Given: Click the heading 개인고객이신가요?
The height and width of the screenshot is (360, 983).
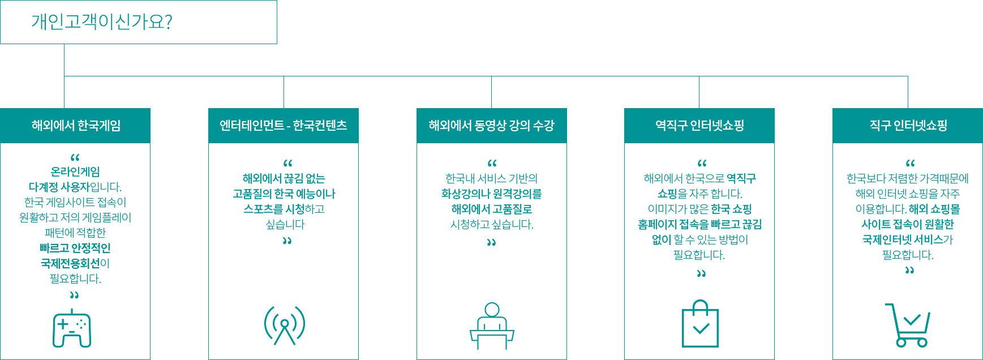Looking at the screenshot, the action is coord(102,22).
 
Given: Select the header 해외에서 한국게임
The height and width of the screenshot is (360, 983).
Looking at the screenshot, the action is coord(76,125).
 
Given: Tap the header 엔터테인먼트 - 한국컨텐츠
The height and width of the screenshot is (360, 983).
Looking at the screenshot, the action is coord(284,125).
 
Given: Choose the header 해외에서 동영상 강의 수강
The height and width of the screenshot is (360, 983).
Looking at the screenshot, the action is coord(491,125).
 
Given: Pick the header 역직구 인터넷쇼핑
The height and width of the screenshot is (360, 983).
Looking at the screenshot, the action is coord(699,125).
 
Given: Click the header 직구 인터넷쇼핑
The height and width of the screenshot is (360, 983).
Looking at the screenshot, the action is coord(908,125).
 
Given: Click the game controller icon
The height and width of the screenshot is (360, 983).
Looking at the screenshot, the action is coord(72,328).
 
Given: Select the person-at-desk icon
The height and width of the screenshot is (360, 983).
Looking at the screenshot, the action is coord(492,326).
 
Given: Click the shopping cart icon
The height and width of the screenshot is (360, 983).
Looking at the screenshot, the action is coord(908,325).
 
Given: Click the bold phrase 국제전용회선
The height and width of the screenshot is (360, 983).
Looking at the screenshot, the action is coord(70,263).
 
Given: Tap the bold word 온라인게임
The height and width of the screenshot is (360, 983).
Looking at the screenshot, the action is coord(75,172).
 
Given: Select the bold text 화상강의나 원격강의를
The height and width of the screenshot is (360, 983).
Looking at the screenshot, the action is coord(491,194).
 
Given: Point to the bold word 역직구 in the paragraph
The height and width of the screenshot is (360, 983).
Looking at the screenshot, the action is coord(741,178).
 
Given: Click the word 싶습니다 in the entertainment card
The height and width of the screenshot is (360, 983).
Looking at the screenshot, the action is coord(285,224).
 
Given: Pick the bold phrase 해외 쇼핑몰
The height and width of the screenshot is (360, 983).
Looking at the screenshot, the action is coord(934,209).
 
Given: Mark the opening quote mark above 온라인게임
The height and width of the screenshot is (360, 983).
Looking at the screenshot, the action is coord(75,157).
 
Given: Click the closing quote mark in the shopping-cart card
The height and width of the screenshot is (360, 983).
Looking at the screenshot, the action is coord(909,271).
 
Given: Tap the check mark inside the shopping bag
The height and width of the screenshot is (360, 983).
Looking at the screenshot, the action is coord(701,328).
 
